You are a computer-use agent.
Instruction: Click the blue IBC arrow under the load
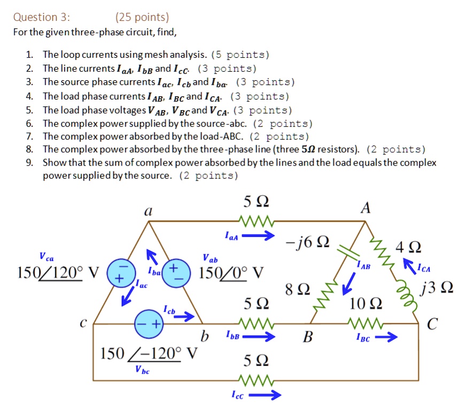(383, 337)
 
